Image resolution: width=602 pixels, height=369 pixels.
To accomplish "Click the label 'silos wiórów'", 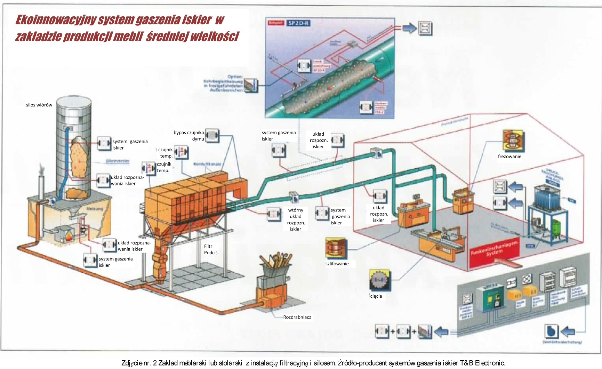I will tap(39, 105).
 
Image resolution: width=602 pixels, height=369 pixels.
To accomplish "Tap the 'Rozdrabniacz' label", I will tap(297, 317).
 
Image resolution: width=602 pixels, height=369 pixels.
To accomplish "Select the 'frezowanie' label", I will tap(509, 157).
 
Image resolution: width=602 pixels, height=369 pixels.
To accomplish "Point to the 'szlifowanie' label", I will tap(337, 264).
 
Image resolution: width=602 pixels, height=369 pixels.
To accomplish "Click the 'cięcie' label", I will tap(376, 296).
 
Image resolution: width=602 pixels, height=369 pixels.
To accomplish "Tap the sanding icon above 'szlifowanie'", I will tap(336, 248).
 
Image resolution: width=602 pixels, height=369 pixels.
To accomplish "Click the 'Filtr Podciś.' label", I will tap(211, 249).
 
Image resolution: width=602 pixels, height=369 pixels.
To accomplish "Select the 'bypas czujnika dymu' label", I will tap(189, 136).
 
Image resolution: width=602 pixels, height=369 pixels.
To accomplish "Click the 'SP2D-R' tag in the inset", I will tap(298, 23).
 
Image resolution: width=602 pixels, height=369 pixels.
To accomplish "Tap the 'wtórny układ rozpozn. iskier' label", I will tap(296, 219).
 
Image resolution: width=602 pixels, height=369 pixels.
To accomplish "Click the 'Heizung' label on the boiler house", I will tap(95, 209).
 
